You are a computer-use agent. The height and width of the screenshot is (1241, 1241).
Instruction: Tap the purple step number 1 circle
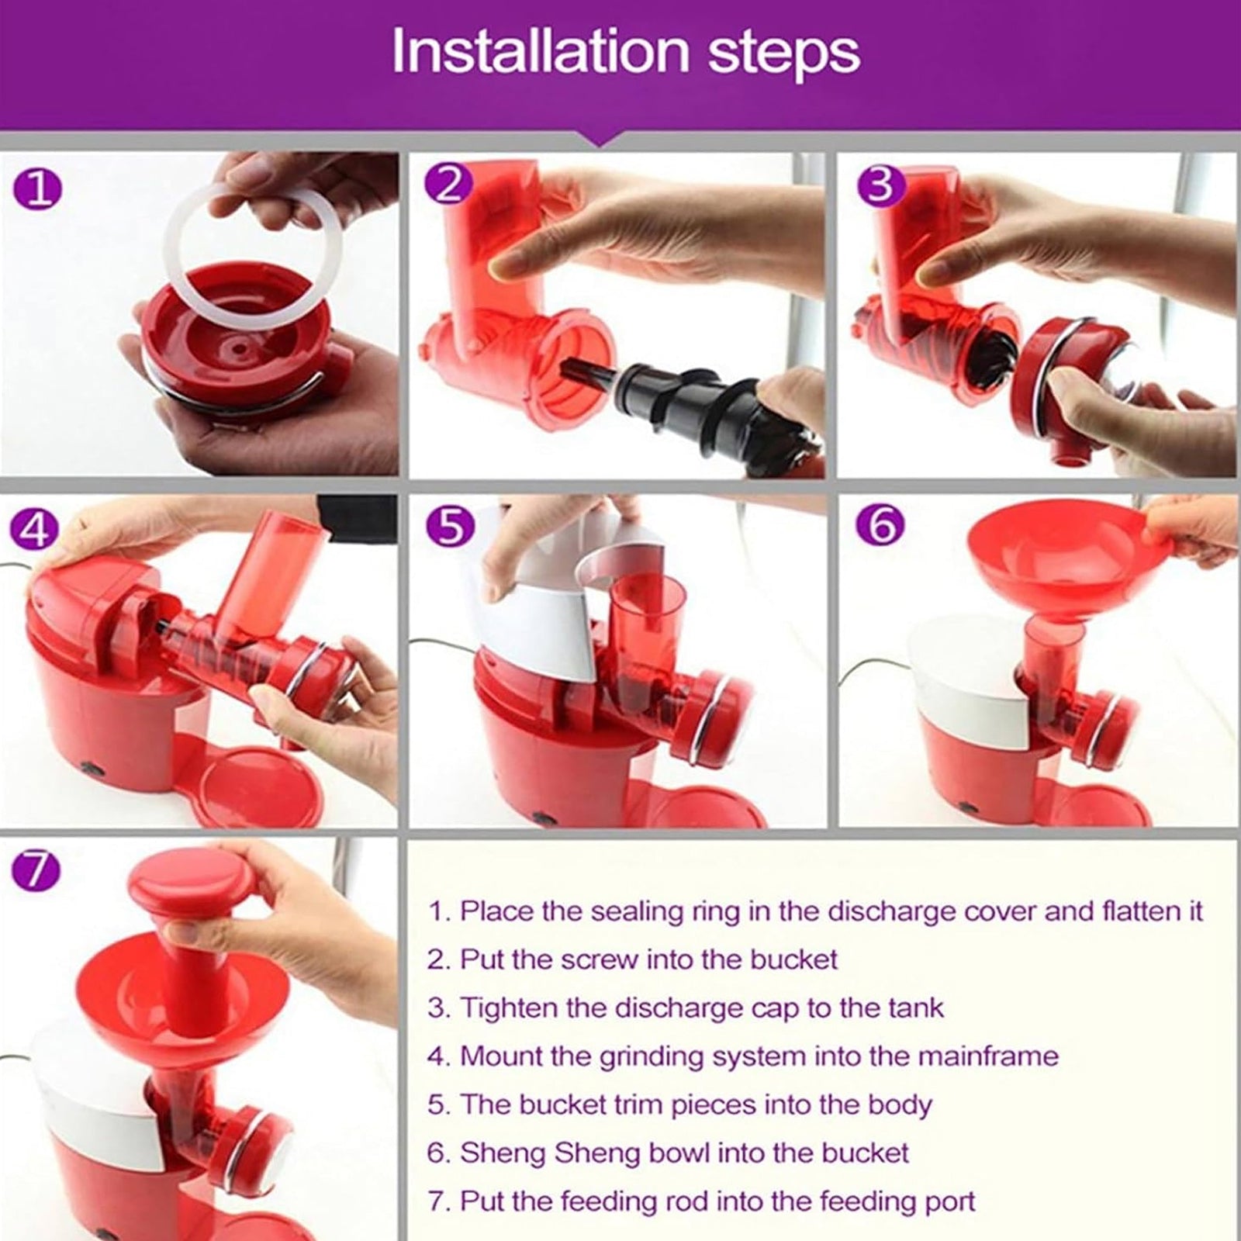(36, 189)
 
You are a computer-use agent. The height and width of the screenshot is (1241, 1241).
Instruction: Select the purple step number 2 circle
(449, 184)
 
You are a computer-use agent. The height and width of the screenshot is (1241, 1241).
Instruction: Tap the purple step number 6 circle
(880, 525)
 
